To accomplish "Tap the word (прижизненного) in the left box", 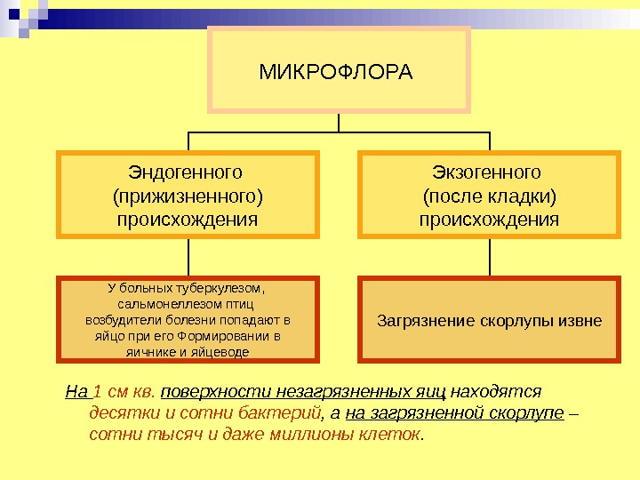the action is point(188,195).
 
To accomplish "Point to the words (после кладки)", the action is point(489,195).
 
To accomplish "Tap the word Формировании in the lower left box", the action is point(228,337).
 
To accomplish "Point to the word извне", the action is point(579,320).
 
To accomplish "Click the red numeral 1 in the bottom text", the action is point(97,391).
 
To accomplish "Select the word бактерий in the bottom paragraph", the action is point(286,413).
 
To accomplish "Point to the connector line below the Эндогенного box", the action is point(188,258).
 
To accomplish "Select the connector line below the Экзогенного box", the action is point(490,258).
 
